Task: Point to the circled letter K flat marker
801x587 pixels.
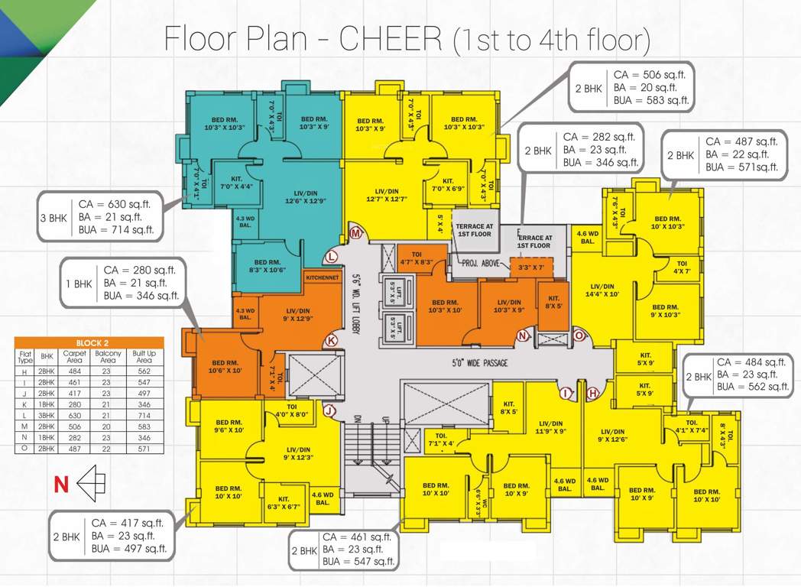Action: [x=332, y=340]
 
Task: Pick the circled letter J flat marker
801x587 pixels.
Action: [x=329, y=411]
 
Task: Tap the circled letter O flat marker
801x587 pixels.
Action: [x=579, y=336]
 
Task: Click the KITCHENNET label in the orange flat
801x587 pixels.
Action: [x=321, y=278]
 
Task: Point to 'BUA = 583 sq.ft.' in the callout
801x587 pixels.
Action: [x=652, y=100]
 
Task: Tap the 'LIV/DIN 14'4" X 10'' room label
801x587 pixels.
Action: [x=603, y=290]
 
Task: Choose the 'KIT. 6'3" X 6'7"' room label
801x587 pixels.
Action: [x=284, y=499]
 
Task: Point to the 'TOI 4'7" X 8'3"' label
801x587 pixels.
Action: [x=417, y=258]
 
